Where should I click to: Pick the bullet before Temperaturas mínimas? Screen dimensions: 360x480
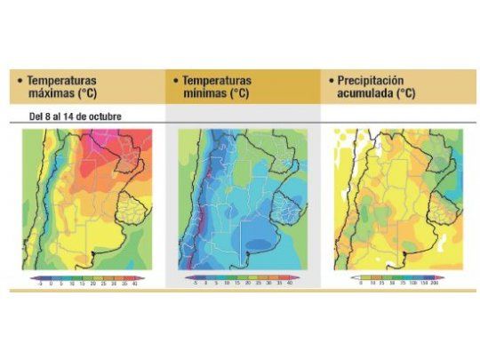[x=174, y=80]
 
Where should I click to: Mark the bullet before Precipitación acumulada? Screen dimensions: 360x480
[x=330, y=80]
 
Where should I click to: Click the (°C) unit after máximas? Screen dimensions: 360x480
[x=90, y=94]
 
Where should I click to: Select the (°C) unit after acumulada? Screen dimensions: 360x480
[x=405, y=94]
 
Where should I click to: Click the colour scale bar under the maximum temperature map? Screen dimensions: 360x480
[x=85, y=276]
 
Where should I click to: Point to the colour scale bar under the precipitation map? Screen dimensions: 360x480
[x=396, y=276]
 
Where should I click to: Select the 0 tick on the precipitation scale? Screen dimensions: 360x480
[x=361, y=284]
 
